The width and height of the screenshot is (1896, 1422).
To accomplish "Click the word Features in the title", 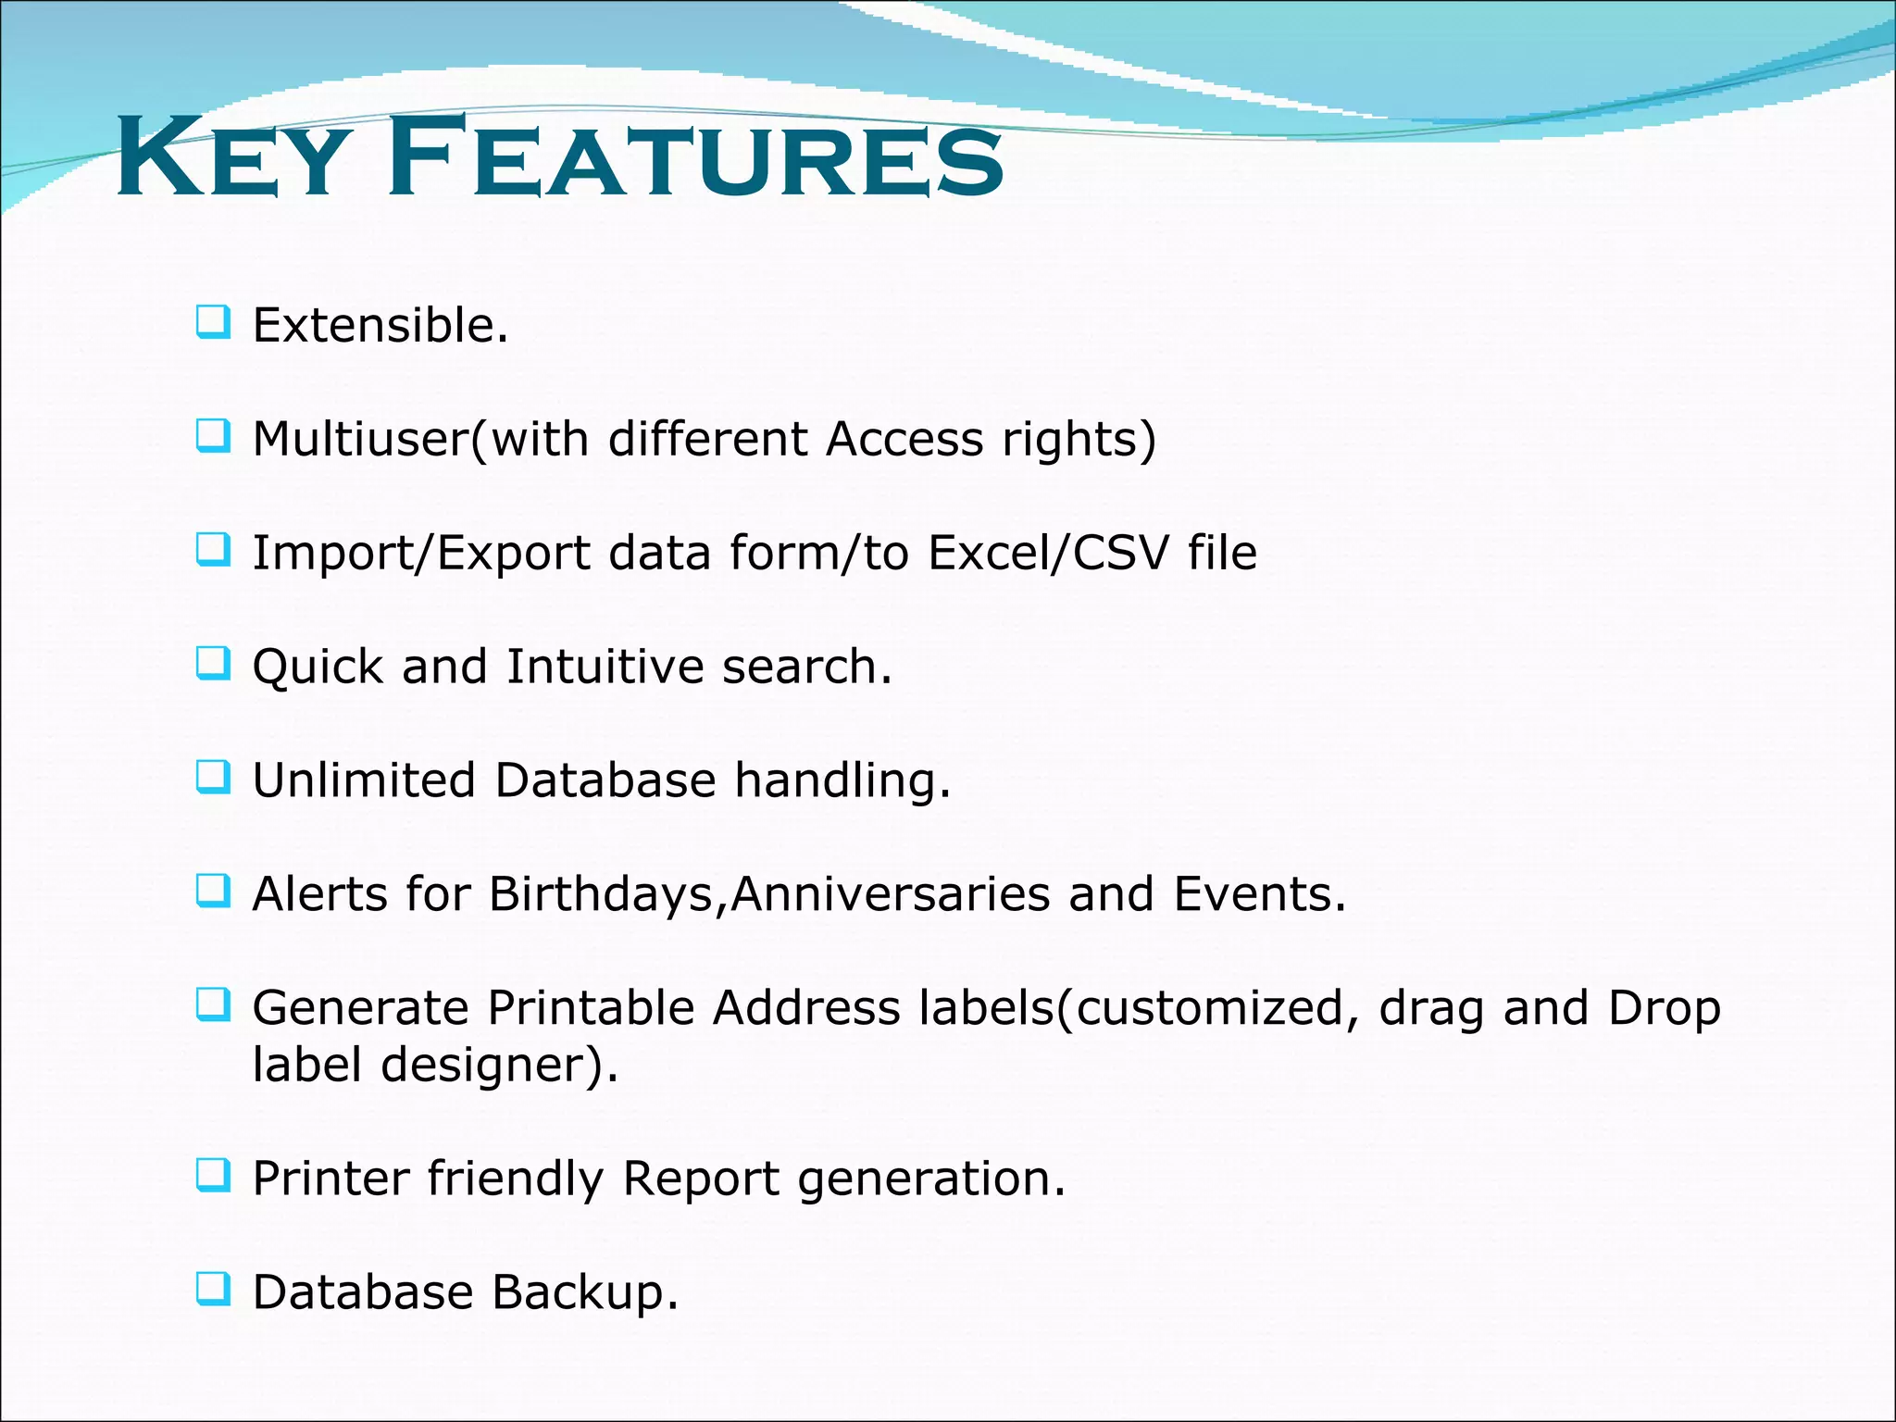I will [694, 157].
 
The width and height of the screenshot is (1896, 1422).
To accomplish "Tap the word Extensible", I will [380, 326].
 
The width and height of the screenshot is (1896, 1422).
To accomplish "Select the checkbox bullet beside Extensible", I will [213, 322].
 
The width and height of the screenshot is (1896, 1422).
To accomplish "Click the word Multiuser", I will [361, 439].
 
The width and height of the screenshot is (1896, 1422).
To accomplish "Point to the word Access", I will [904, 439].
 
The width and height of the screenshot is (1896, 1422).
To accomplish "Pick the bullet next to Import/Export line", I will [213, 550].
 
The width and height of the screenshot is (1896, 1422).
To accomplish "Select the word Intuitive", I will [605, 667].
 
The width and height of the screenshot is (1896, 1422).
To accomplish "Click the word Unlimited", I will [364, 780].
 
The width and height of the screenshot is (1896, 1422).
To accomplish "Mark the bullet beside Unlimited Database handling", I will [213, 778].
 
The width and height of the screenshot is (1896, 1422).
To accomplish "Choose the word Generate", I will [360, 1008].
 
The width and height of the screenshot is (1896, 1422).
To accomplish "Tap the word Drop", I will [1664, 1008].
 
